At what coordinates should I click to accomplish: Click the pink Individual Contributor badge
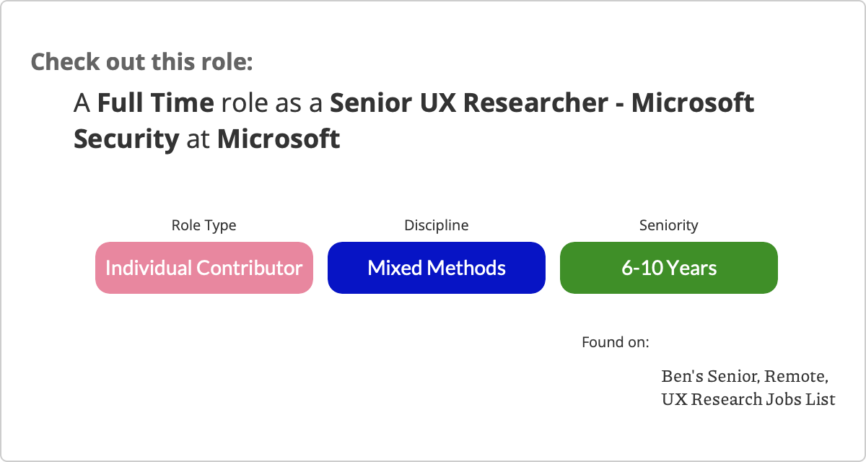tap(204, 268)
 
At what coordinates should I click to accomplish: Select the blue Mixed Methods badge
tap(437, 268)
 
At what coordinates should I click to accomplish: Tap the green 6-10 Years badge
tap(669, 268)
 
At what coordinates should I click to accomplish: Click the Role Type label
tap(204, 225)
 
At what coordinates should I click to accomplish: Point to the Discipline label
tap(437, 225)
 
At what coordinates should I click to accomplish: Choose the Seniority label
tap(669, 225)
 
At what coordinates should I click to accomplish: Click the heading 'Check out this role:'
tap(142, 61)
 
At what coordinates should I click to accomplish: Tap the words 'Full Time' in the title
tap(156, 103)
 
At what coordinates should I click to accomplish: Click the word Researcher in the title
tap(535, 103)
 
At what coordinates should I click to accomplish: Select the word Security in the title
tap(126, 139)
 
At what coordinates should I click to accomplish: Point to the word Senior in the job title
tap(371, 103)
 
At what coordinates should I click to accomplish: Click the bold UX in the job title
tap(437, 103)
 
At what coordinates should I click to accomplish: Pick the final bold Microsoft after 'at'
tap(279, 139)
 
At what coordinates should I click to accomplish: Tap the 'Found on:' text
tap(616, 342)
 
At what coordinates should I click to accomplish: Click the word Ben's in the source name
tap(683, 376)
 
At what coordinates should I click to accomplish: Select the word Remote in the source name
tap(797, 377)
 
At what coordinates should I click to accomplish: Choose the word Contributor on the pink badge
tap(250, 268)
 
